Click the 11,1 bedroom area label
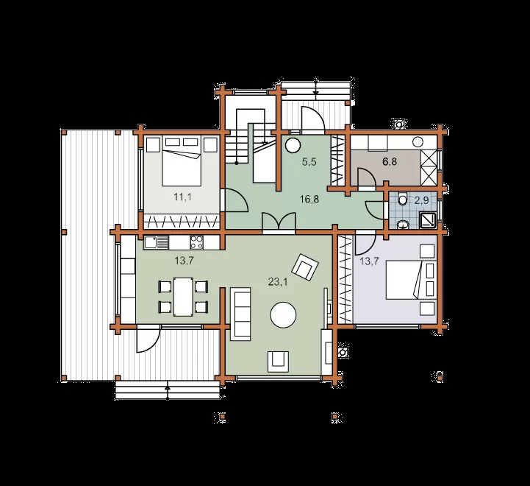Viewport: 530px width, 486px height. pyautogui.click(x=182, y=197)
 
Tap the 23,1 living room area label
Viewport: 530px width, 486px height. pyautogui.click(x=278, y=281)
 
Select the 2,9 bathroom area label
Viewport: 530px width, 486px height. pyautogui.click(x=421, y=200)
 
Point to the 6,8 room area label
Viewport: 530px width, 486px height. pyautogui.click(x=390, y=161)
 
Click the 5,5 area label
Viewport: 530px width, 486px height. pyautogui.click(x=309, y=162)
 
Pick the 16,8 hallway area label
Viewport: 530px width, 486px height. pyautogui.click(x=309, y=199)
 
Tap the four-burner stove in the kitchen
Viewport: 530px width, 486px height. pyautogui.click(x=197, y=242)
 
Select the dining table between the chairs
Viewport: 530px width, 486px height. pyautogui.click(x=183, y=297)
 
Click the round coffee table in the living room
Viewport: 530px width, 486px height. pyautogui.click(x=283, y=315)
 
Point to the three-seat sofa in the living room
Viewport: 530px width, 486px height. pyautogui.click(x=240, y=314)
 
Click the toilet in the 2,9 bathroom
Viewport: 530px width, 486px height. pyautogui.click(x=402, y=199)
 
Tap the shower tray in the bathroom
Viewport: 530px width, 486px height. pyautogui.click(x=429, y=219)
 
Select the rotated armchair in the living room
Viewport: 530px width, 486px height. pyautogui.click(x=306, y=267)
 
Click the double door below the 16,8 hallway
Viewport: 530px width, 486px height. pyautogui.click(x=279, y=222)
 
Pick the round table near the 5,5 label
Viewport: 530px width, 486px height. pyautogui.click(x=293, y=146)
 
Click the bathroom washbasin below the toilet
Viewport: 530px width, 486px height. pyautogui.click(x=403, y=225)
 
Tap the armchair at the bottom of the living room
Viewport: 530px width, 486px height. pyautogui.click(x=278, y=362)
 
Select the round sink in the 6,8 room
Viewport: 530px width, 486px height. pyautogui.click(x=418, y=142)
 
